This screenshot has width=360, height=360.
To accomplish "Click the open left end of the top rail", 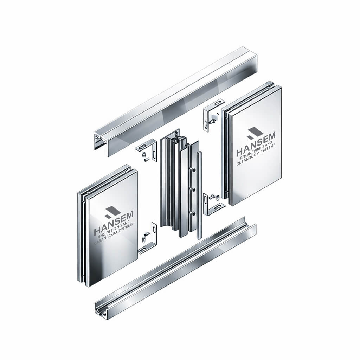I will pyautogui.click(x=99, y=141).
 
